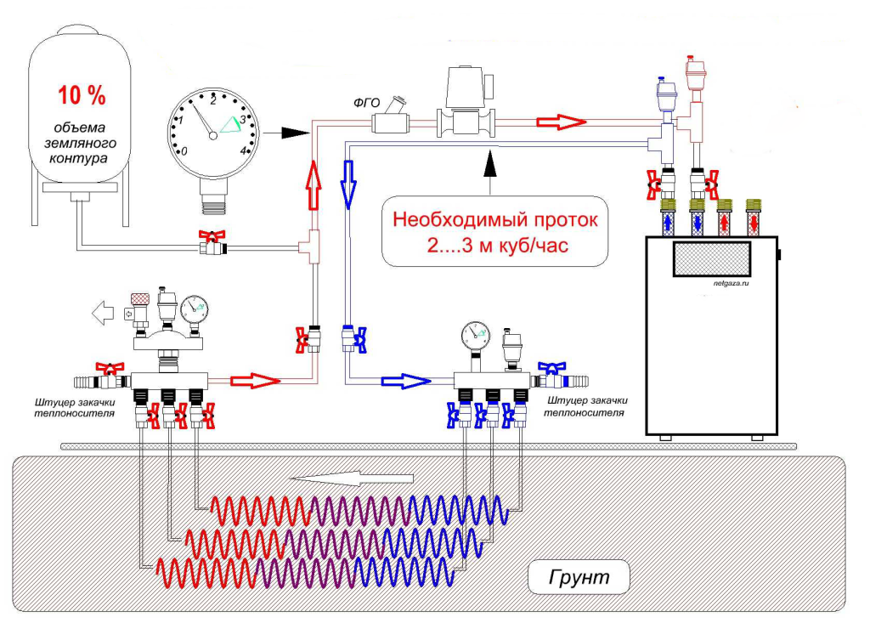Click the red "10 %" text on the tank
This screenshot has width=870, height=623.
(82, 95)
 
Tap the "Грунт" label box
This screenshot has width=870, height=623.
(579, 577)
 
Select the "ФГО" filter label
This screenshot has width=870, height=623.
(367, 103)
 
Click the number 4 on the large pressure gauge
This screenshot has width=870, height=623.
(243, 150)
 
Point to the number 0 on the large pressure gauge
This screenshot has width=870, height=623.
(184, 151)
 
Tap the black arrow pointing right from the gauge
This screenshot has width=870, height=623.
(285, 133)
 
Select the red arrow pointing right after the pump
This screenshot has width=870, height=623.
(561, 122)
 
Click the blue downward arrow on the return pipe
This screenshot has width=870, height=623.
(348, 184)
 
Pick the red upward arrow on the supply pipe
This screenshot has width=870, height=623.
(314, 185)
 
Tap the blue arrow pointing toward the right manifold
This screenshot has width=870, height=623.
(405, 381)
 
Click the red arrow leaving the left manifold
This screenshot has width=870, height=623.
(256, 381)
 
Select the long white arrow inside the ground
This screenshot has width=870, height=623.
(352, 478)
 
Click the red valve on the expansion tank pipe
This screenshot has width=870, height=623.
(212, 242)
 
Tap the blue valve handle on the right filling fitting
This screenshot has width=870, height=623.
(552, 367)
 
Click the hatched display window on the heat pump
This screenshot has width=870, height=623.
(712, 258)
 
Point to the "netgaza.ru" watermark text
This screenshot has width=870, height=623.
(732, 283)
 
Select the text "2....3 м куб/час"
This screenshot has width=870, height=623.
(498, 245)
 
